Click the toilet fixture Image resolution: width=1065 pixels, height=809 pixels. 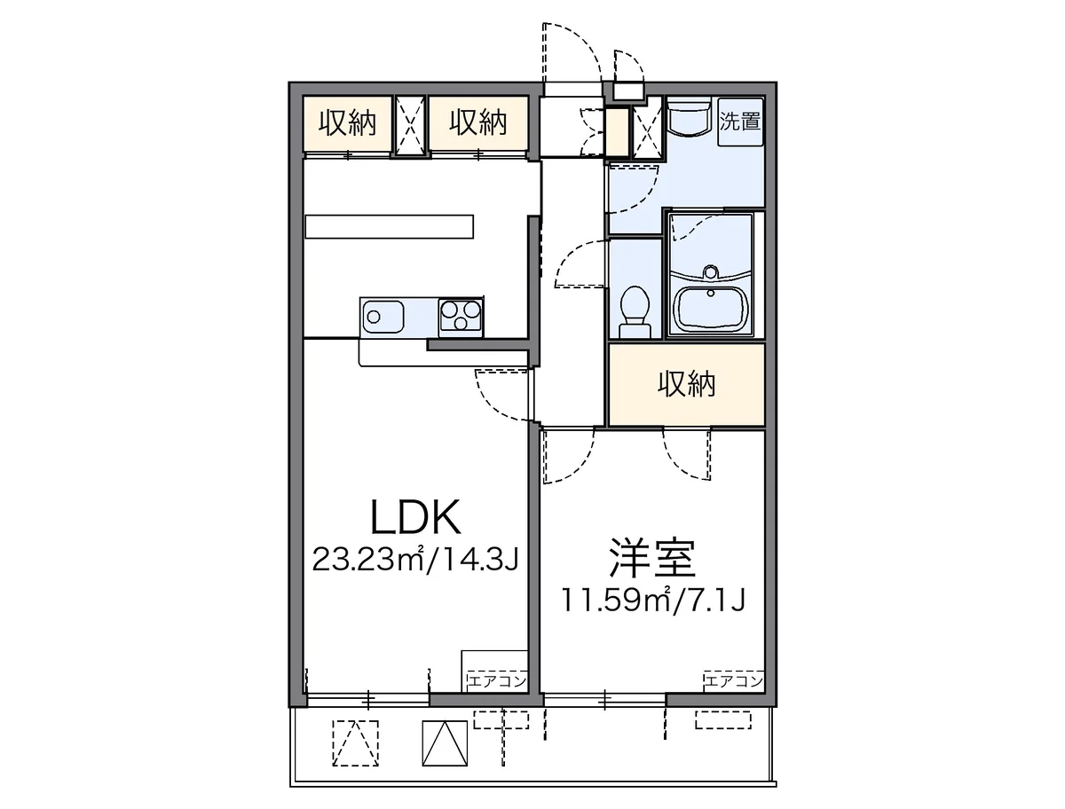635,310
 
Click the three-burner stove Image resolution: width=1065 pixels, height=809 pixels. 460,317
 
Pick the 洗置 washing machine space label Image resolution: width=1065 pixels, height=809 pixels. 739,121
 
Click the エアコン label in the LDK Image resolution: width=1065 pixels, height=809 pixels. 496,680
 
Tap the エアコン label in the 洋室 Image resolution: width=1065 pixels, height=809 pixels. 734,680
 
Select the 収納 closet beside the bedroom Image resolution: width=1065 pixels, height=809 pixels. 686,385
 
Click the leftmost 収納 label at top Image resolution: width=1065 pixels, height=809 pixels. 347,122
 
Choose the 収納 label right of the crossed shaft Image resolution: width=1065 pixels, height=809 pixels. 477,122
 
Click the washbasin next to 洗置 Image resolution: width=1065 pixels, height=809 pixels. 689,116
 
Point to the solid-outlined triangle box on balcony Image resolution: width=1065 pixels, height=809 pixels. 445,743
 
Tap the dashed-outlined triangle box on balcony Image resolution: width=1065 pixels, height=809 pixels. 355,743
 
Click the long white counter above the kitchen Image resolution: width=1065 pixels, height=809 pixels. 389,227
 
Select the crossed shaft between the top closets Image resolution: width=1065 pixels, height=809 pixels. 410,125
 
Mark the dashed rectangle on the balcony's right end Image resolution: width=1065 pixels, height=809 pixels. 723,719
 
